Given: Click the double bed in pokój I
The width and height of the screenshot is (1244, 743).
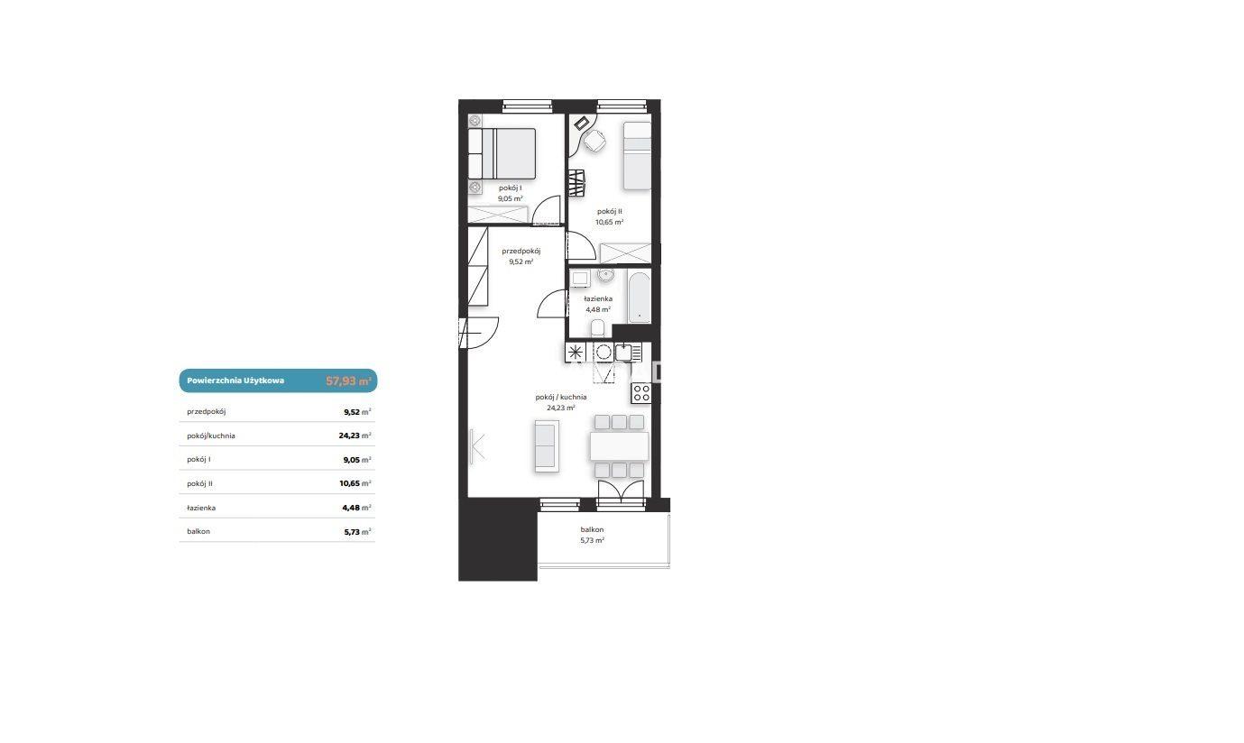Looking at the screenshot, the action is point(502,154).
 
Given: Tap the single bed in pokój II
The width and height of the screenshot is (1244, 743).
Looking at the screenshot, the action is point(637,155).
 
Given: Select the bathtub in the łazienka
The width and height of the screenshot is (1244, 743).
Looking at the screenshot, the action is point(640,297).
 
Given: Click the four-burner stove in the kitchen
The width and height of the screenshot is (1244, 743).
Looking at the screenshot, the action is point(640,393).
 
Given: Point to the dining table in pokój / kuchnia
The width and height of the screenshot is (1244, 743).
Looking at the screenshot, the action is point(619,446).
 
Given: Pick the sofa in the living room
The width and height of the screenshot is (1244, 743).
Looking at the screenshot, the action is point(547,446).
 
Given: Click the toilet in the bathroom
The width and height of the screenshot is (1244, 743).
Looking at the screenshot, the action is point(597,327).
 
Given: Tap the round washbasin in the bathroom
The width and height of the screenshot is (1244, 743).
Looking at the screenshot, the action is point(605,275).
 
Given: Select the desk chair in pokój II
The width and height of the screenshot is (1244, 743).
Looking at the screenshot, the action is point(594,141).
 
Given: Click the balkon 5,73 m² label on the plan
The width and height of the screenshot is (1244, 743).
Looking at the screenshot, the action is point(592,535).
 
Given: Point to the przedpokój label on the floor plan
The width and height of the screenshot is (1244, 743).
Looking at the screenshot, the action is point(521,251).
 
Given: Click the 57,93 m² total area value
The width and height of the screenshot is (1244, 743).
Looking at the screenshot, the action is point(348,381).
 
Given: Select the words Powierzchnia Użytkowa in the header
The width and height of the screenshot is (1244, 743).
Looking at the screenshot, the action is point(235,381).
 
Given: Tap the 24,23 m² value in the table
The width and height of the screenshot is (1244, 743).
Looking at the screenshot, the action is point(355,436).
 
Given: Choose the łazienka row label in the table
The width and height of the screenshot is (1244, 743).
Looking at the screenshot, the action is point(201,508).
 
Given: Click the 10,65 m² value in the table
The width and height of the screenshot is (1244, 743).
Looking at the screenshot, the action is point(355,483).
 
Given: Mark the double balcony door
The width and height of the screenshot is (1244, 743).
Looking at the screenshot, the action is point(621,492).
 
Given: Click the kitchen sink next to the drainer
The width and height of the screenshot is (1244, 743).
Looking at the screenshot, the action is point(623,352).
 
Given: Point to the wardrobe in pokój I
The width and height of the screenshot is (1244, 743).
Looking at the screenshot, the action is point(498,215).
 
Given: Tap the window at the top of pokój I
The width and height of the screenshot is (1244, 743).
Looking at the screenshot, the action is point(527,105).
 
